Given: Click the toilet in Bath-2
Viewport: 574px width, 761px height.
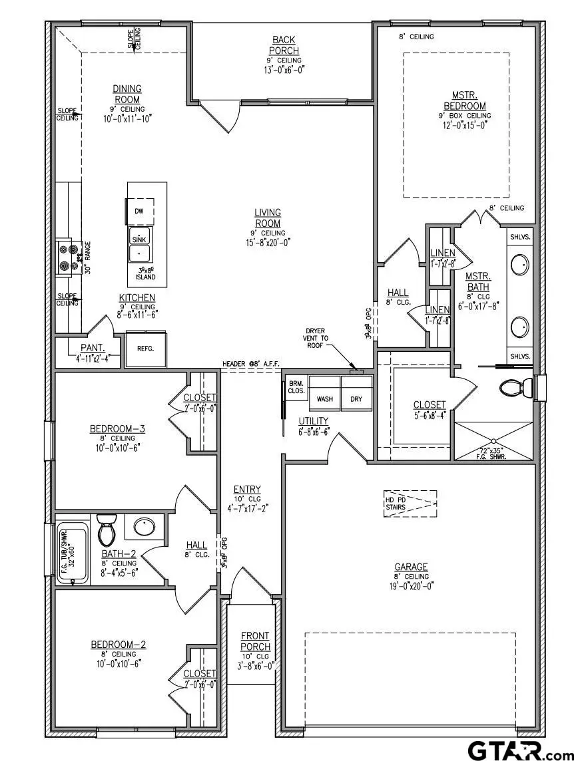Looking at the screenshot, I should pos(107,530).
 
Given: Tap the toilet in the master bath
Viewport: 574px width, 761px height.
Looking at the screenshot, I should pos(514,388).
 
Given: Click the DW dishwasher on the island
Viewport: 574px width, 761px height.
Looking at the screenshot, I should pos(140,211).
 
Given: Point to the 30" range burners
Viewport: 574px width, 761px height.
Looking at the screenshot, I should pos(69,257).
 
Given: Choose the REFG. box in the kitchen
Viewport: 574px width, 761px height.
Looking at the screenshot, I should pos(145,348).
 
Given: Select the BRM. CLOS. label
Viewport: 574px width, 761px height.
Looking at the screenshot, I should pos(296,387).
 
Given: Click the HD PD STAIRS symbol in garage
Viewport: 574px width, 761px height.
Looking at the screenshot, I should pos(410,504).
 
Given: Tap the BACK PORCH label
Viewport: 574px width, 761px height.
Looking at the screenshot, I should pos(284,46).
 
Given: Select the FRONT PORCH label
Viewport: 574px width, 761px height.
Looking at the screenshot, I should pos(256,641).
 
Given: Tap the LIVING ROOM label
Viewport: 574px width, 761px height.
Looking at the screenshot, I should pos(268,218).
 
